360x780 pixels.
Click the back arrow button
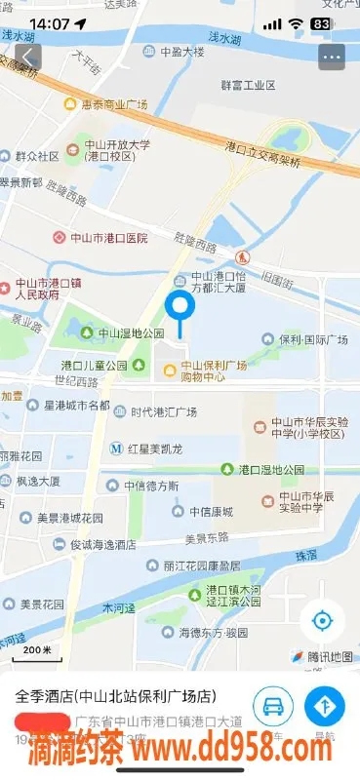(28, 57)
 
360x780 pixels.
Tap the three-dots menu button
(332, 57)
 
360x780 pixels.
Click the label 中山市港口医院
(100, 237)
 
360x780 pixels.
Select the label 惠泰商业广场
(112, 103)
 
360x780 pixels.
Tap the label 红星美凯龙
(156, 448)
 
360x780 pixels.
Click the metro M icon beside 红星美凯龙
(116, 448)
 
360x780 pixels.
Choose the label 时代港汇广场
(164, 411)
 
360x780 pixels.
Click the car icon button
(273, 707)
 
